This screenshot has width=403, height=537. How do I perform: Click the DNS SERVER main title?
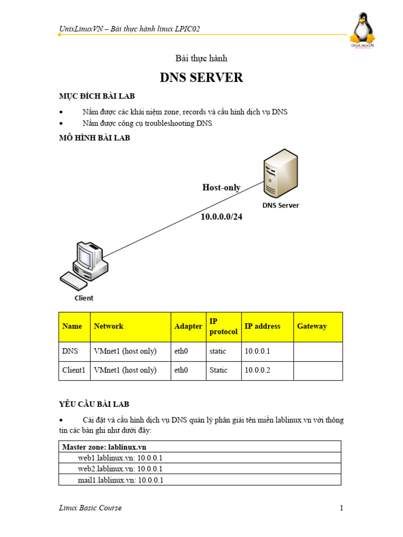pyautogui.click(x=201, y=78)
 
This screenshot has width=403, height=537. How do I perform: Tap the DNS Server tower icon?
pyautogui.click(x=280, y=172)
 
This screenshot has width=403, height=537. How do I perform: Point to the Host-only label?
pyautogui.click(x=221, y=188)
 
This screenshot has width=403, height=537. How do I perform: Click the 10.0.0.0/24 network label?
pyautogui.click(x=221, y=217)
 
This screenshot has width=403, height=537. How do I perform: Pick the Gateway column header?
pyautogui.click(x=312, y=326)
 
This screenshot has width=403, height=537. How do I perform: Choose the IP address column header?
pyautogui.click(x=262, y=326)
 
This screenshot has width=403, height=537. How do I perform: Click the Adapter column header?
pyautogui.click(x=188, y=326)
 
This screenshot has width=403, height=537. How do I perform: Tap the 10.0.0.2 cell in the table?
pyautogui.click(x=257, y=370)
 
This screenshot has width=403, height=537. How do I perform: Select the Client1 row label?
pyautogui.click(x=73, y=370)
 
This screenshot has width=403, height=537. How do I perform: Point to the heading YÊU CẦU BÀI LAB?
pyautogui.click(x=94, y=404)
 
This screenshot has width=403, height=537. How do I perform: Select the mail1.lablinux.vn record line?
pyautogui.click(x=121, y=480)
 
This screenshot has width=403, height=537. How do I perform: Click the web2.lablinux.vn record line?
pyautogui.click(x=120, y=469)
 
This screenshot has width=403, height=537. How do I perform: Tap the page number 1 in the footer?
pyautogui.click(x=341, y=508)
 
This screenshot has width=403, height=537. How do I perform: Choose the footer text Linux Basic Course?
pyautogui.click(x=90, y=508)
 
